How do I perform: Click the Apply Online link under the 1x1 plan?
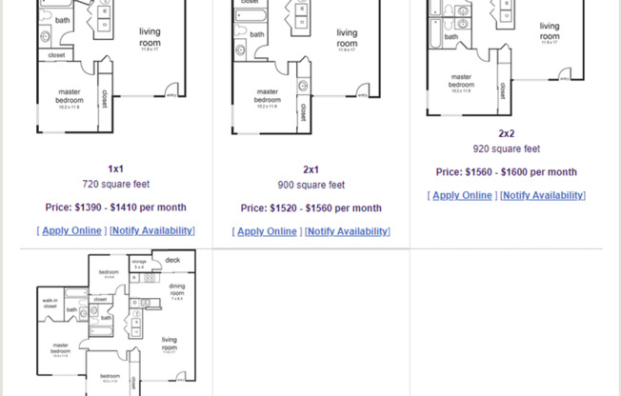coord(71,230)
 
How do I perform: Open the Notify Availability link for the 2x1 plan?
coord(347,231)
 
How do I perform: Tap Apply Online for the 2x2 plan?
coord(462,195)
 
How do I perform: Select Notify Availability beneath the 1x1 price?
coord(152,230)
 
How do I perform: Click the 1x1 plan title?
coord(116,168)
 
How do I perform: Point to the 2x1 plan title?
coord(310,169)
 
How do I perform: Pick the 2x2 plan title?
coord(506,133)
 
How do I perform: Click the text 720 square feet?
coord(116,184)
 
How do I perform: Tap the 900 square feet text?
coord(310,185)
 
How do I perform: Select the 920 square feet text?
coord(506,148)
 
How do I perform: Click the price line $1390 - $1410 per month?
coord(116,207)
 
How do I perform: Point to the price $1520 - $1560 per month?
coord(310,208)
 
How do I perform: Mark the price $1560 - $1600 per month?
coord(506,172)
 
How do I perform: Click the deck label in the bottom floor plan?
coord(172,260)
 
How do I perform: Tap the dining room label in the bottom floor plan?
coord(177,290)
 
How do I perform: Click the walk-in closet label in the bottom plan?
coord(50,305)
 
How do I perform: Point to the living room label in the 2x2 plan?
coord(550,30)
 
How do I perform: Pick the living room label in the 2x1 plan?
coord(347,39)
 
